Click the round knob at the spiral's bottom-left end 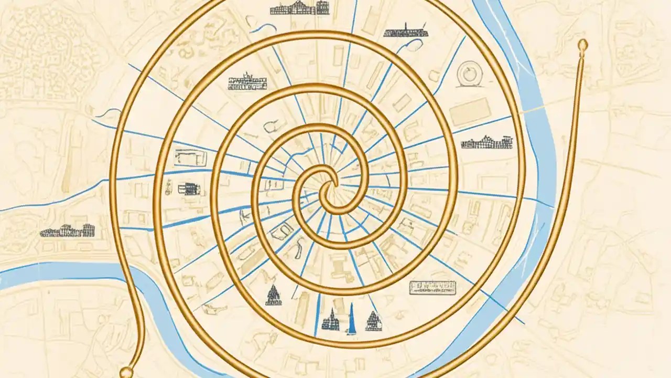[126, 372]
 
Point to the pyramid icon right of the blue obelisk [373, 321]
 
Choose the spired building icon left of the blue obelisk [331, 320]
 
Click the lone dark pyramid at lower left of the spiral [272, 295]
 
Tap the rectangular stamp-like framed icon [432, 287]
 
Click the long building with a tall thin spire [405, 31]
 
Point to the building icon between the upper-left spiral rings [247, 82]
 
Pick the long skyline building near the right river [486, 142]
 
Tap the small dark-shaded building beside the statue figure [185, 188]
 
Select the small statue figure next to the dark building [169, 187]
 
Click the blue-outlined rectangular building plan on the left [190, 156]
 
